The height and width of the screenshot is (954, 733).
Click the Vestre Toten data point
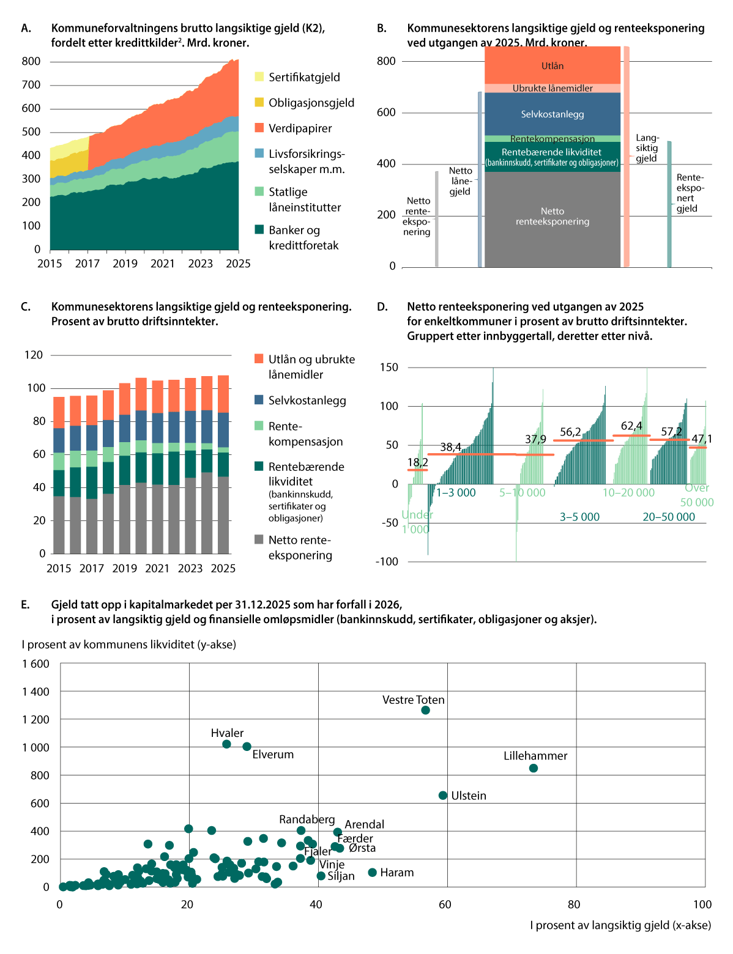point(425,710)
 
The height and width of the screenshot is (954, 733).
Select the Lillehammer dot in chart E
point(533,768)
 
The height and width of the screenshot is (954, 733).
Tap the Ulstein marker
point(443,795)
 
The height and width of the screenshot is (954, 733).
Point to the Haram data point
point(372,872)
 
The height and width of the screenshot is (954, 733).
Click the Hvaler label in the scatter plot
point(227,733)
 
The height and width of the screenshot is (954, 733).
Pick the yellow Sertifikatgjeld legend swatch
point(259,77)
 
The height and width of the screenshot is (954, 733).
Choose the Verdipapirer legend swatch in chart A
point(259,128)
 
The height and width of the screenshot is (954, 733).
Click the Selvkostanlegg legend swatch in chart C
point(259,400)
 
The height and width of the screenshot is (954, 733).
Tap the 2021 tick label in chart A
point(163,264)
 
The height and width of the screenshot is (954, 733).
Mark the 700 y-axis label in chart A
point(31,85)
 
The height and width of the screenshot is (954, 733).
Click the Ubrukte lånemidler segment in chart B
point(552,88)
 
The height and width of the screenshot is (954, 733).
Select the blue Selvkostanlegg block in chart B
point(552,114)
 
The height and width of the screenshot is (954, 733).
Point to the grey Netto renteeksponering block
point(552,219)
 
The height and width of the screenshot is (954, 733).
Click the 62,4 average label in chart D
point(631,426)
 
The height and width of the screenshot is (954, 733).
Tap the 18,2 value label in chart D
point(417,462)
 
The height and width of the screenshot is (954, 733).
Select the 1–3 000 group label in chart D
point(456,492)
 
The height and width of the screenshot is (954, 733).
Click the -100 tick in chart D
point(387,561)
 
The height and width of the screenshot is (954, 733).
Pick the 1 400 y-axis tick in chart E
point(36,692)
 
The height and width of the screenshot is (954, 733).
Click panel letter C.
point(26,306)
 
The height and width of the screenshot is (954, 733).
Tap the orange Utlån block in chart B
point(552,65)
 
